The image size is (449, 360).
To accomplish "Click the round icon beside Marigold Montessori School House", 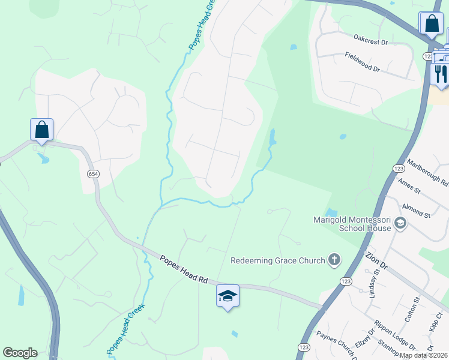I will coord(400,224).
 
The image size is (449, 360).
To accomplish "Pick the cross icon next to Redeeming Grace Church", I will coord(334,260).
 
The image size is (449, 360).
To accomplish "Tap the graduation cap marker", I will coord(228,296).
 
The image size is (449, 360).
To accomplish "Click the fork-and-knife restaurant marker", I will coord(441,74).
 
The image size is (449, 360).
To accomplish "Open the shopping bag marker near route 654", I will coord(42,130).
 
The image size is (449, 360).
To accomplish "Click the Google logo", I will coord(20,353).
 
